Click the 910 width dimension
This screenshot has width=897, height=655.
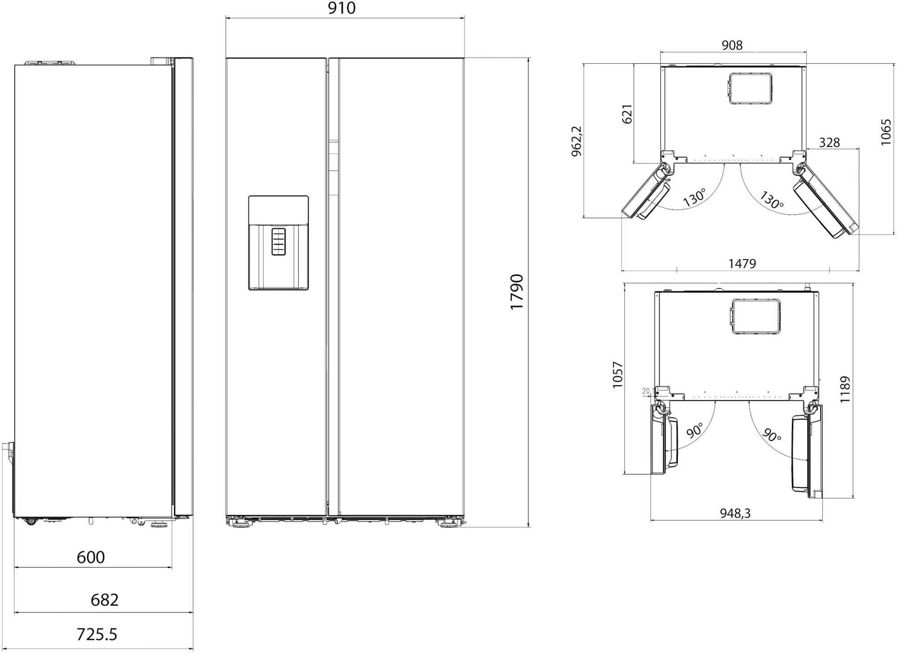click(342, 9)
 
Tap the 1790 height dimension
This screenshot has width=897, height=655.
click(517, 291)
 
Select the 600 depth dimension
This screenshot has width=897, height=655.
click(91, 557)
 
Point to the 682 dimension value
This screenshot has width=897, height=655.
click(105, 600)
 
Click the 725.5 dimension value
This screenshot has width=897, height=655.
click(97, 635)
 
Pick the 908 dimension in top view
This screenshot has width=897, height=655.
click(732, 45)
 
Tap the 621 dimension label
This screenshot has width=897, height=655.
click(627, 114)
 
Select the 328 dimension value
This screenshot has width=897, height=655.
click(829, 143)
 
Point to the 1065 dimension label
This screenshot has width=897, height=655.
click(885, 132)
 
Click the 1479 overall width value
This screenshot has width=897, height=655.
click(742, 264)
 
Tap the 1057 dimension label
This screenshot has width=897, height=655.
click(618, 374)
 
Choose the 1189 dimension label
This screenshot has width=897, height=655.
click(845, 389)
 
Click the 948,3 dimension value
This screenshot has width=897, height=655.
click(735, 513)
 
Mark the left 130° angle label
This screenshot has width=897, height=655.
click(694, 198)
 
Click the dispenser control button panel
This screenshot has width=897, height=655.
click(278, 242)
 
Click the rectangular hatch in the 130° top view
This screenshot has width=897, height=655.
click(750, 88)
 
